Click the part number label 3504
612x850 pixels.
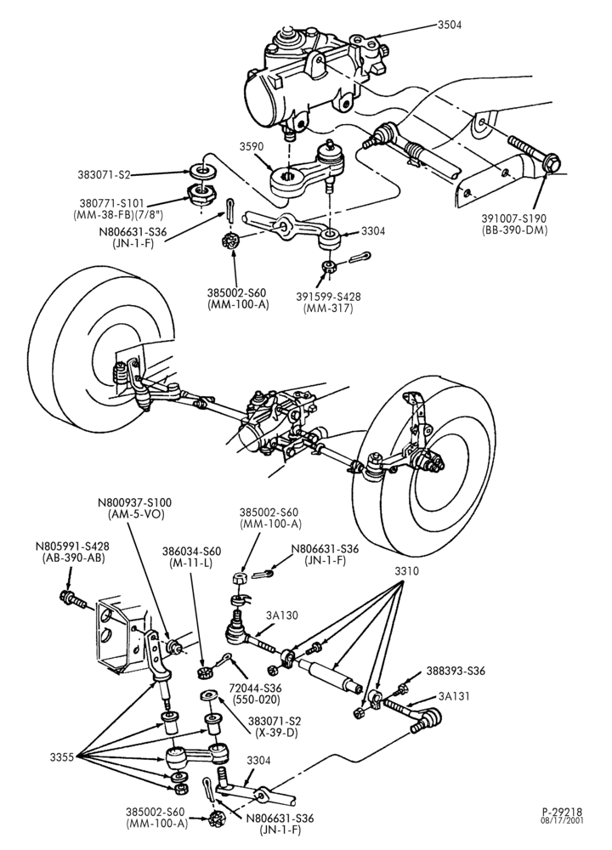[450, 25]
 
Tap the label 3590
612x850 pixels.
[252, 147]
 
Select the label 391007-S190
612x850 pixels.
[514, 218]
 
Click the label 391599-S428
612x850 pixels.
[328, 297]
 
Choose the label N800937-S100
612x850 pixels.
[134, 502]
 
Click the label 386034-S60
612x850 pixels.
[191, 552]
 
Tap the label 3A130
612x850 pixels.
[282, 615]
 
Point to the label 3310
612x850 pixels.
[406, 571]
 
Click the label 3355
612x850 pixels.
[62, 757]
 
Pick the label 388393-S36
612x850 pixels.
[456, 671]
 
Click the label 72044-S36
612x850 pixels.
[256, 688]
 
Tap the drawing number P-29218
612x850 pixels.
[562, 812]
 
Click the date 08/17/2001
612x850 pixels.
[563, 820]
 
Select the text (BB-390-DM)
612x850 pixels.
[514, 229]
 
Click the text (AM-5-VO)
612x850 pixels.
[136, 514]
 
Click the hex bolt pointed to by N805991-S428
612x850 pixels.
[72, 599]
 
